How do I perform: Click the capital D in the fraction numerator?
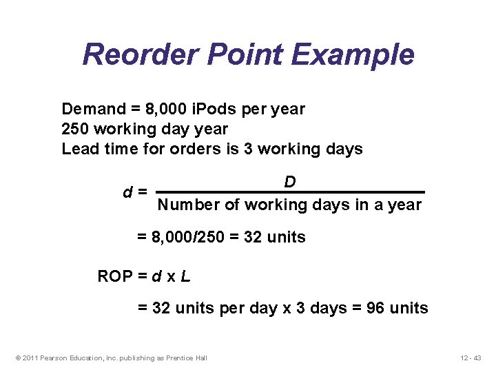click(290, 182)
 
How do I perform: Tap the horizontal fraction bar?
click(290, 192)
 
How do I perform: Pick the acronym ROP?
click(115, 277)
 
